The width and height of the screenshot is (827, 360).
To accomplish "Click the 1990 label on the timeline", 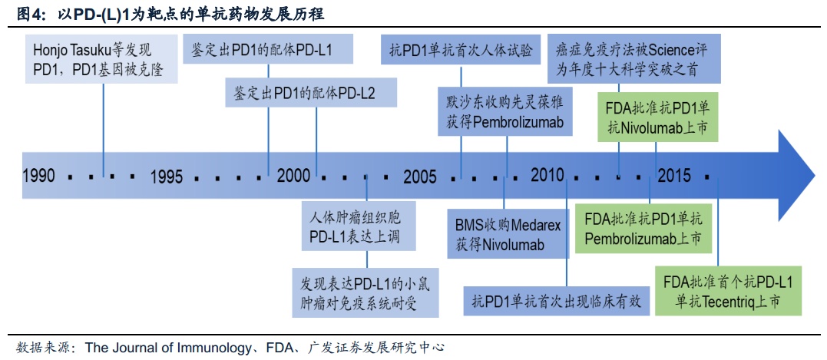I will coord(39,176).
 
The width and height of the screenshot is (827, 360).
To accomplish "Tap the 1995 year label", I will coord(167,177).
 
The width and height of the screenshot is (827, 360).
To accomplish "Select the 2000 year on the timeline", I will coord(294,175).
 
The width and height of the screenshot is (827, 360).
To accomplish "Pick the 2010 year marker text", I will coord(547,174).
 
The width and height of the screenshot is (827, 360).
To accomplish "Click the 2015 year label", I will coord(673,175).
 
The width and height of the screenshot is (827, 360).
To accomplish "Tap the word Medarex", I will coord(537,226).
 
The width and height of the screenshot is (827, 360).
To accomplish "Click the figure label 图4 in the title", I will coord(28,14).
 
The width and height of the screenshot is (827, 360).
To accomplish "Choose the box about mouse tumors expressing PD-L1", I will coord(365,292).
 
